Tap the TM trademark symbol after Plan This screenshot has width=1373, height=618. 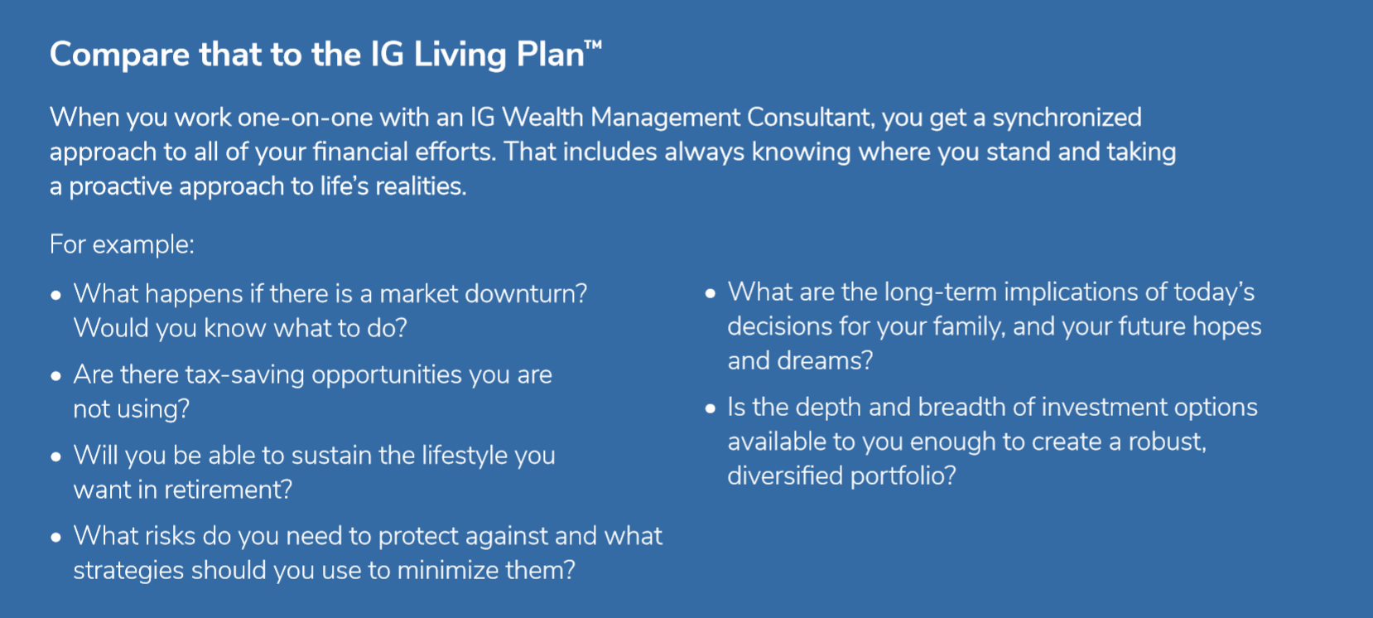click(x=593, y=46)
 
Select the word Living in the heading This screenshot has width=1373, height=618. click(x=460, y=56)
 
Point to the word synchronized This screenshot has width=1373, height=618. click(x=1067, y=118)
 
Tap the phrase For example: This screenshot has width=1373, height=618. click(x=122, y=244)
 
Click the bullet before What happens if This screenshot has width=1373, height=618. click(x=55, y=296)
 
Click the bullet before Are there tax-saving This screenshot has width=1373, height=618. click(x=55, y=376)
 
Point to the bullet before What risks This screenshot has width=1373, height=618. click(x=55, y=538)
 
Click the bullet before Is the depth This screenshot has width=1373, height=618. click(x=711, y=408)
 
